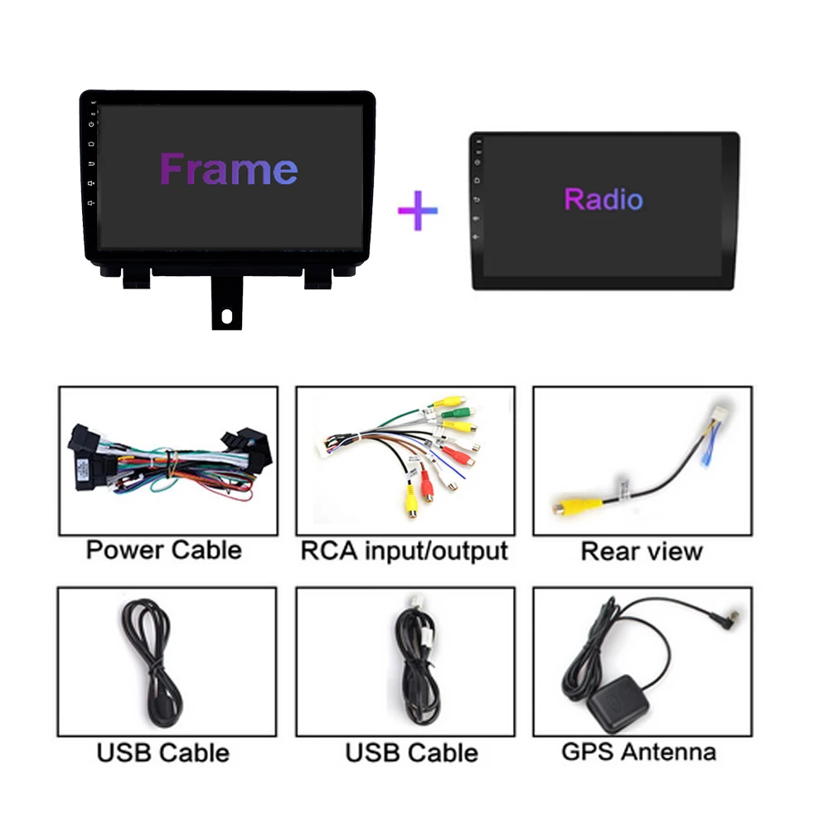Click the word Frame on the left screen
click(x=229, y=168)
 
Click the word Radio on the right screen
click(x=604, y=199)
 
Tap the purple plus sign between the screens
click(x=418, y=211)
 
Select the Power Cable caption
click(x=164, y=550)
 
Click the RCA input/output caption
click(x=405, y=551)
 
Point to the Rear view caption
click(x=642, y=551)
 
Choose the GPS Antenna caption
click(x=638, y=752)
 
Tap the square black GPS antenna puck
click(x=617, y=703)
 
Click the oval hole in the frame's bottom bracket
click(x=227, y=316)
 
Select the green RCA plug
click(x=455, y=412)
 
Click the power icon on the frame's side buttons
click(x=91, y=124)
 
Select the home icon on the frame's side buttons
click(x=91, y=143)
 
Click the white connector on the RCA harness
click(x=323, y=444)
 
